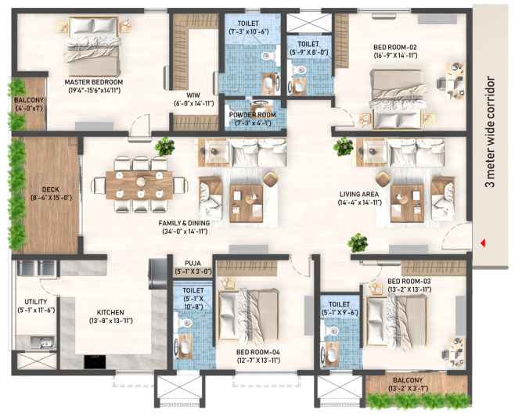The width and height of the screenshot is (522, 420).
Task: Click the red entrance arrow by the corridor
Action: pos(483,243)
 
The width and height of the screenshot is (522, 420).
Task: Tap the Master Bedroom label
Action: pos(94,82)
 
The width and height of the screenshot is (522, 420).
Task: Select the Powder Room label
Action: pos(252,115)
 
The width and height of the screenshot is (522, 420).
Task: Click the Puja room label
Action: pos(193,264)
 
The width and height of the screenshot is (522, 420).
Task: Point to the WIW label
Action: pos(193,95)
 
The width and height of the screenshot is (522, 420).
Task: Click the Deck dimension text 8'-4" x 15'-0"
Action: pos(52,198)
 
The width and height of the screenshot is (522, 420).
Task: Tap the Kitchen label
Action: pos(110,313)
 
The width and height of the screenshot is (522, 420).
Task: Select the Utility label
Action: pos(36,302)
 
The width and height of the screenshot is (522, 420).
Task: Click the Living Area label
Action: pos(359,194)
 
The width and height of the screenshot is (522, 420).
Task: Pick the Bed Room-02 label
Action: pos(395,47)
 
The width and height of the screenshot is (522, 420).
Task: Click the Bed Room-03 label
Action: pos(409,282)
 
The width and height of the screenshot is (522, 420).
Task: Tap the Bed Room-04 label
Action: pos(258,352)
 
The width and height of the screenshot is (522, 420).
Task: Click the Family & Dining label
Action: pos(184,223)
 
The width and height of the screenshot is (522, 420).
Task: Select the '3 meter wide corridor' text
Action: pos(491,132)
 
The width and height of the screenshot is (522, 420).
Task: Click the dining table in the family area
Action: pos(139,185)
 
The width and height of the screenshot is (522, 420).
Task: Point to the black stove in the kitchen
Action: pos(95,362)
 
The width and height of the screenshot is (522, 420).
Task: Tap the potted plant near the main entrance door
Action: pos(358,242)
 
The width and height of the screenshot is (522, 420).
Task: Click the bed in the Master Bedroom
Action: pos(93,47)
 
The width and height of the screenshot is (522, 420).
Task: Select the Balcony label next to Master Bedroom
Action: pos(29,100)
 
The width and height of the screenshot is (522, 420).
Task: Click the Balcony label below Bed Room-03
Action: pos(408,380)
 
